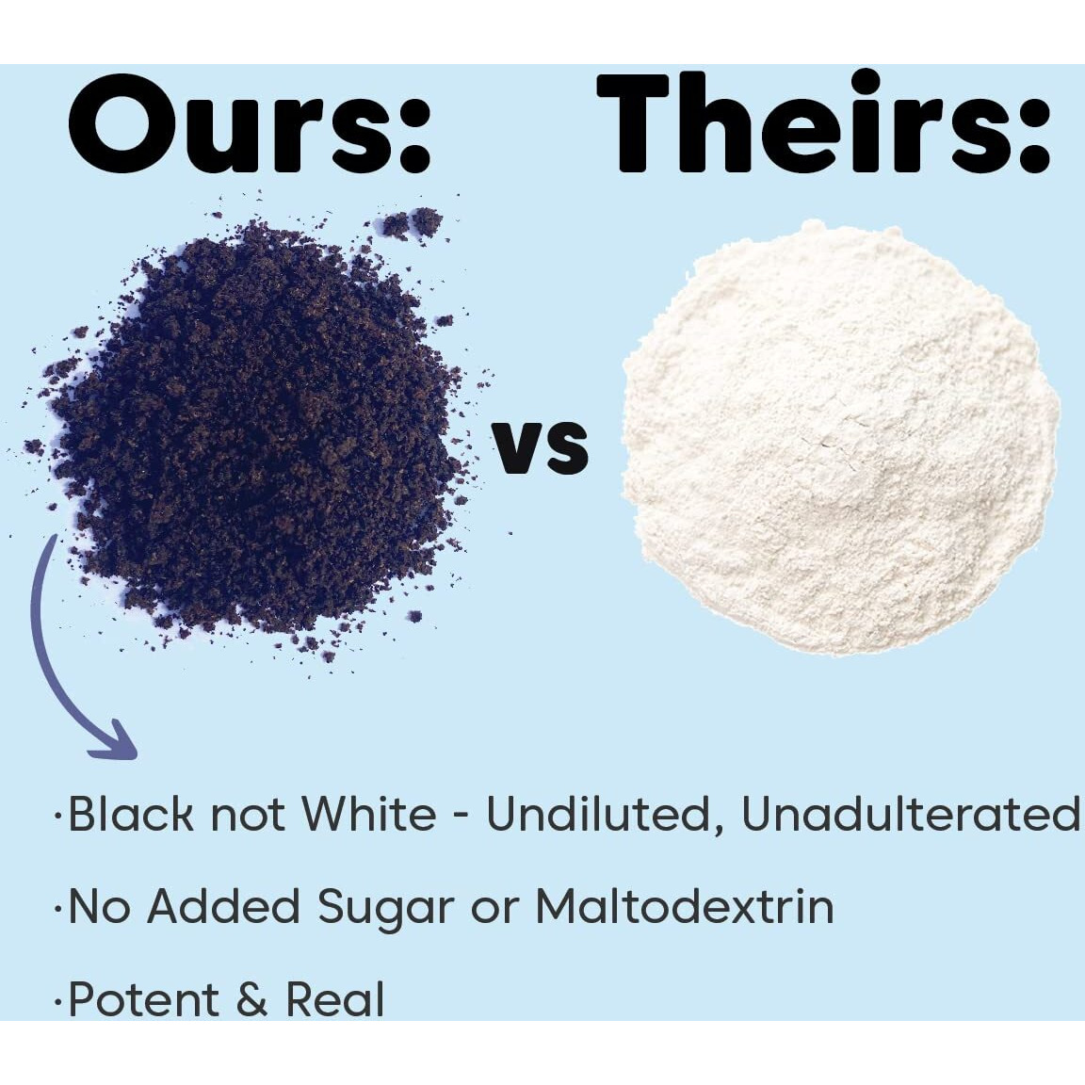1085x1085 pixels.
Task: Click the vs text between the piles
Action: (x=541, y=447)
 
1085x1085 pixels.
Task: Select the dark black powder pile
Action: (x=256, y=429)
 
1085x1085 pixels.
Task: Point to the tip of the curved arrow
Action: (x=136, y=756)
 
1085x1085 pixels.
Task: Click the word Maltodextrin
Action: (x=685, y=906)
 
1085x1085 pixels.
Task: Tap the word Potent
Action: (x=144, y=999)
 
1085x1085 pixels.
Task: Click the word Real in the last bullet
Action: (x=335, y=999)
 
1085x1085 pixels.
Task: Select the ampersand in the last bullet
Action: (x=252, y=1000)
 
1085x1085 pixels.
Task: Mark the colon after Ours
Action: (x=414, y=132)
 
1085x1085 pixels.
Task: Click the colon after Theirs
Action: (x=1033, y=132)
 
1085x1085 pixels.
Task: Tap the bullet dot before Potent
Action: (x=58, y=1001)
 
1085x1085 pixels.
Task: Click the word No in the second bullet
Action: (x=100, y=906)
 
